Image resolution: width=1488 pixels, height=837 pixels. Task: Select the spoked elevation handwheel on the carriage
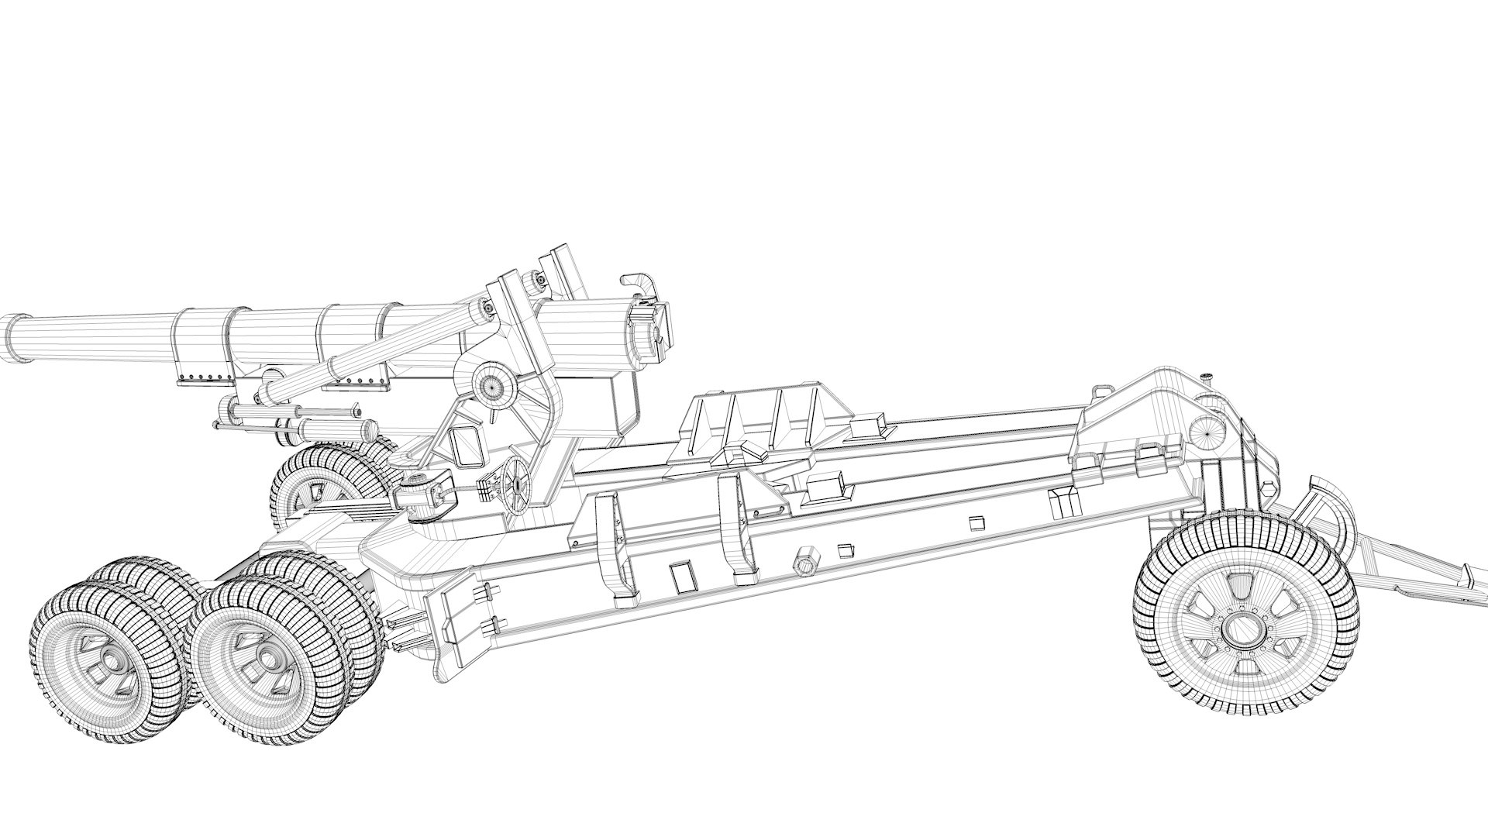tap(515, 483)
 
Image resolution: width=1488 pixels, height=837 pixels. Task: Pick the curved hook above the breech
tap(638, 286)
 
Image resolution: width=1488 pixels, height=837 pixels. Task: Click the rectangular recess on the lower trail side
tap(682, 577)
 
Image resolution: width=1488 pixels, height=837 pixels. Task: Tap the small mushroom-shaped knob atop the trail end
tap(1206, 377)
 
